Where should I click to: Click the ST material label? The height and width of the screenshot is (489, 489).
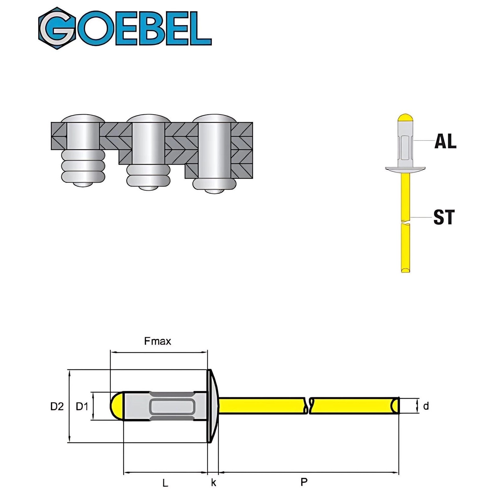tap(444, 217)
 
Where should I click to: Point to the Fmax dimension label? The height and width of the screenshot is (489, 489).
tap(157, 341)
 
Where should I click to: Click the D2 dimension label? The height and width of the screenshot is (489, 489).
tap(57, 407)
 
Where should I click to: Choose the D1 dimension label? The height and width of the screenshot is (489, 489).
tap(82, 407)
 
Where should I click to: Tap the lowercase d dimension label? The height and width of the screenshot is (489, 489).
tap(426, 406)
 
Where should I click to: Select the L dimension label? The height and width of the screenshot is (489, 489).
tap(165, 482)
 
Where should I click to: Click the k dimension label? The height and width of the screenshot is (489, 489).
tap(214, 482)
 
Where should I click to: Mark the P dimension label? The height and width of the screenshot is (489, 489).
tap(304, 482)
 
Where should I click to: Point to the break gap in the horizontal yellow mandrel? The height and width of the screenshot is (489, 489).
tap(308, 406)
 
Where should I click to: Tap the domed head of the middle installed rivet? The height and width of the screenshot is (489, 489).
tap(149, 118)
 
